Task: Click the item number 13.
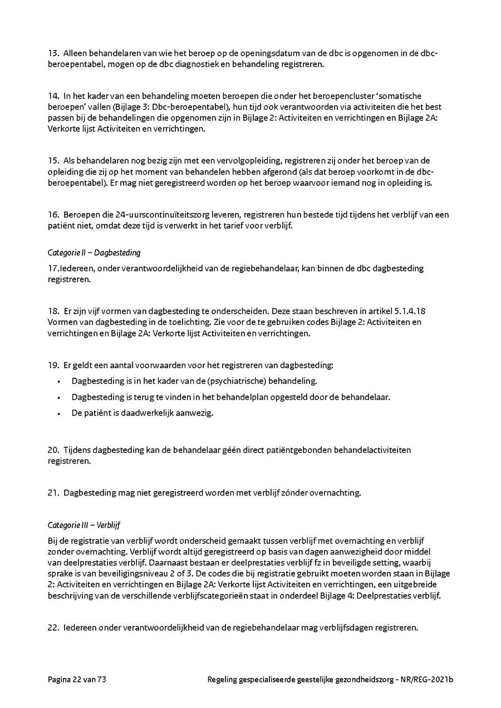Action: (53, 53)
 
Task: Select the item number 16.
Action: (53, 215)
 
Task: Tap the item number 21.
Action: (53, 492)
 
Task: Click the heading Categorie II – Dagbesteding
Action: (94, 252)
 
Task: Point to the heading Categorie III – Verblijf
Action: (84, 524)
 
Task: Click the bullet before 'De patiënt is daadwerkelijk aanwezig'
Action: (58, 413)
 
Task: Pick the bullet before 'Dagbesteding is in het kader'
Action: (58, 381)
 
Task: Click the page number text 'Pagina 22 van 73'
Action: (77, 680)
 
